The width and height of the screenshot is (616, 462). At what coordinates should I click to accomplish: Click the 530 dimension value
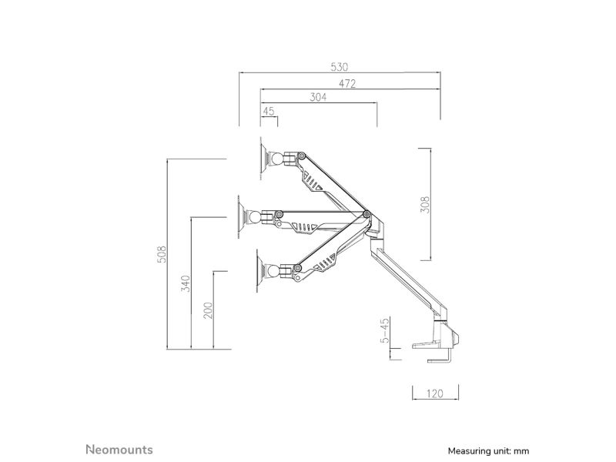pyautogui.click(x=339, y=67)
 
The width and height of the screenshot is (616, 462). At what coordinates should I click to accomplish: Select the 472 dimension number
pyautogui.click(x=347, y=84)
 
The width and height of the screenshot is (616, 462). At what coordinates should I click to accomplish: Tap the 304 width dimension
pyautogui.click(x=318, y=97)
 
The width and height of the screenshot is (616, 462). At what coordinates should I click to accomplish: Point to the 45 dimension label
pyautogui.click(x=269, y=112)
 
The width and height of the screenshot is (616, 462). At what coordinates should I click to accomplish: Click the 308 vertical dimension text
pyautogui.click(x=425, y=204)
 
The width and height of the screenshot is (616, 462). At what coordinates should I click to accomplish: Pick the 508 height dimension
pyautogui.click(x=162, y=254)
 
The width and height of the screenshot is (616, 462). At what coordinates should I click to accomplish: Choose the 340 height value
pyautogui.click(x=186, y=283)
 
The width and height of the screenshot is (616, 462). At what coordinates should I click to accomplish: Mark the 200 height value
pyautogui.click(x=208, y=310)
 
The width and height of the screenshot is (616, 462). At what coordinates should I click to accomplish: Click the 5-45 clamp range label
pyautogui.click(x=385, y=330)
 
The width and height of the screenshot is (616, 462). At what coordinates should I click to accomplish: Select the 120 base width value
pyautogui.click(x=434, y=393)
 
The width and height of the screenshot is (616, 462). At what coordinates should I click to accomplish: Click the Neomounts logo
pyautogui.click(x=119, y=450)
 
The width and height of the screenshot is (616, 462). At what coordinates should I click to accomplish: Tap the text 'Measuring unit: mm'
pyautogui.click(x=488, y=451)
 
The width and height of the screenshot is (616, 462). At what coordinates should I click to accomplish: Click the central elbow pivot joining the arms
pyautogui.click(x=367, y=214)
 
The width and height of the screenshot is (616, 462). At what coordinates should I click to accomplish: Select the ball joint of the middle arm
pyautogui.click(x=255, y=217)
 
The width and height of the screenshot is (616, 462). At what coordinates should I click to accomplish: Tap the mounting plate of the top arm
pyautogui.click(x=263, y=159)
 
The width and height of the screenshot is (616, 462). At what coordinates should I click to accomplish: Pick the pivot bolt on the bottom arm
pyautogui.click(x=298, y=268)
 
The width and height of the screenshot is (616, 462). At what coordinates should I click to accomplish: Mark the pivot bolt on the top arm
pyautogui.click(x=302, y=156)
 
